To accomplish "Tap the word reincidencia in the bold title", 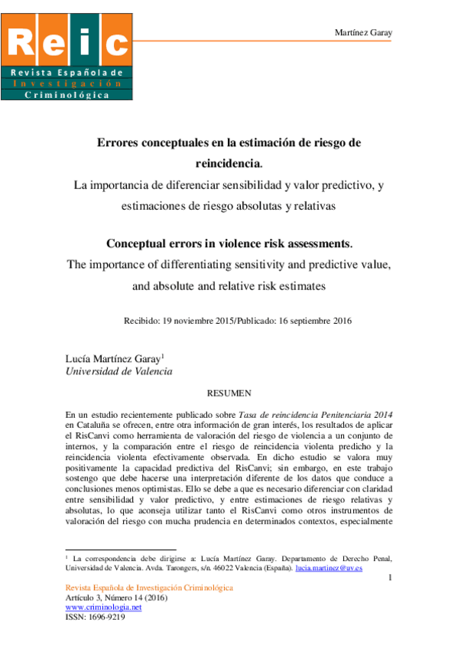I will click(x=228, y=162).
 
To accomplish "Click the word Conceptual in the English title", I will click(x=140, y=245).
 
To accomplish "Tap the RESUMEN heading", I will click(x=229, y=393).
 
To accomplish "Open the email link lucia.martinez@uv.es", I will click(x=329, y=569).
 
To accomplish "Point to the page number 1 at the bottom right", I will click(x=390, y=577).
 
